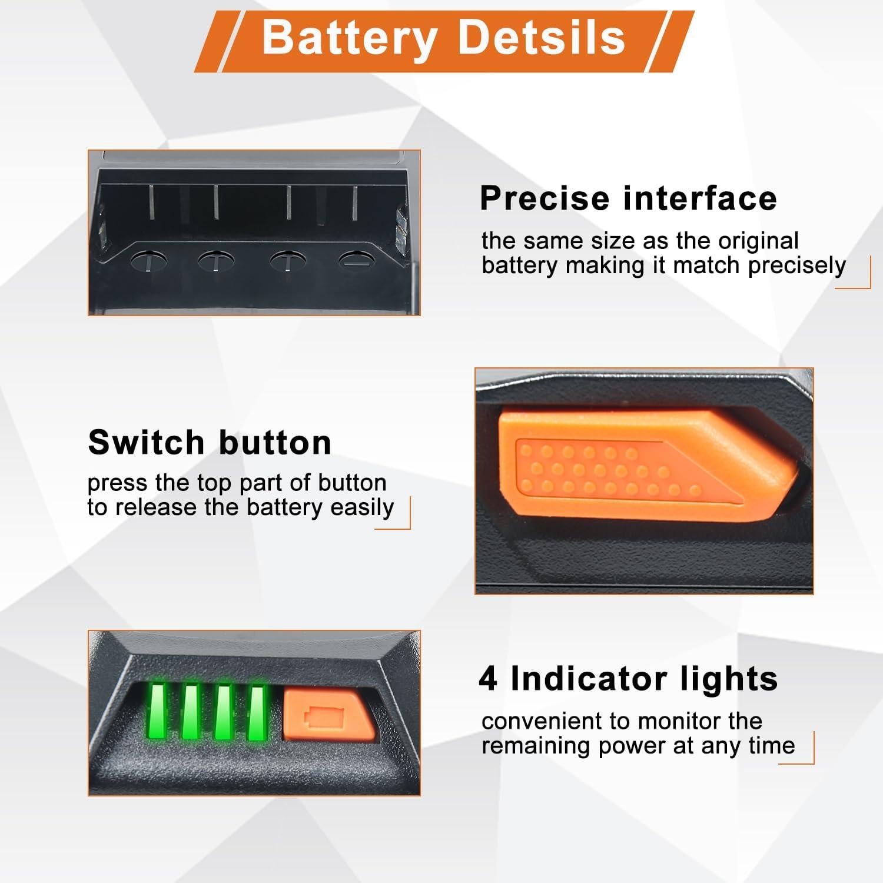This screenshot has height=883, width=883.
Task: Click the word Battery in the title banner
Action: point(348,38)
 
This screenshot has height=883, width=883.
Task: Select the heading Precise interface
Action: point(628,198)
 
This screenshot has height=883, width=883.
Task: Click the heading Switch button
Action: point(210,442)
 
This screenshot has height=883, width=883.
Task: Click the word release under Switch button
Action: point(156,507)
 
